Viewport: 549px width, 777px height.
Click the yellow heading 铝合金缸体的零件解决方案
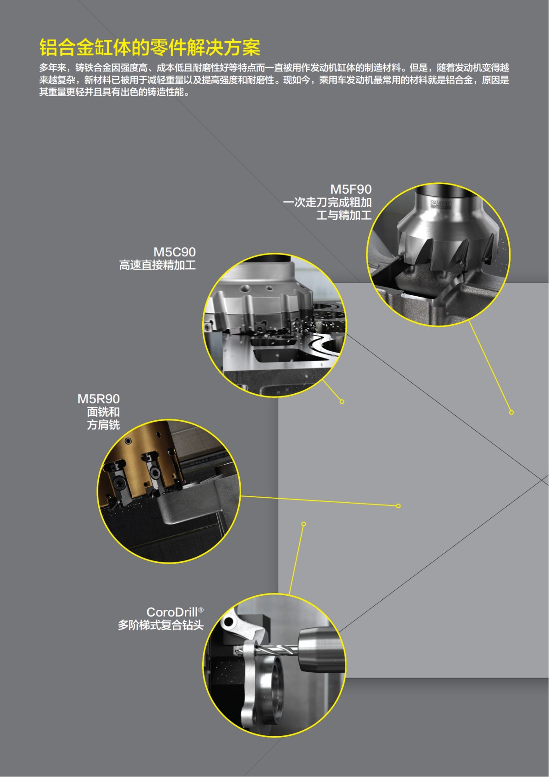[150, 47]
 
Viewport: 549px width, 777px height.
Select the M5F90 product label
[351, 190]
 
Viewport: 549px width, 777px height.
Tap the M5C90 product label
[174, 252]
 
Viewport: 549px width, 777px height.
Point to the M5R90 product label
[98, 399]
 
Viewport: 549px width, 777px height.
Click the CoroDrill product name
[172, 612]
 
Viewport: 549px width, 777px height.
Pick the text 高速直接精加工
[157, 266]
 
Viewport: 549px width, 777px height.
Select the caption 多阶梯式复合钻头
[161, 625]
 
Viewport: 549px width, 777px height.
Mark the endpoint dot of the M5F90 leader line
[511, 412]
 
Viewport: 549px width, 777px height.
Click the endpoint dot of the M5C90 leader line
[342, 402]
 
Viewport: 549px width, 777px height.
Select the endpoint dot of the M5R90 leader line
[398, 506]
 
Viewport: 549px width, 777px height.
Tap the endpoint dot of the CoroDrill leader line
[304, 524]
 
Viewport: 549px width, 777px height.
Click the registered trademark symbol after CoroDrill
[201, 609]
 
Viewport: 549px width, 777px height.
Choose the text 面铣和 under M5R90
[103, 412]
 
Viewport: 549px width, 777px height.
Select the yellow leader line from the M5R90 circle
[319, 501]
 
